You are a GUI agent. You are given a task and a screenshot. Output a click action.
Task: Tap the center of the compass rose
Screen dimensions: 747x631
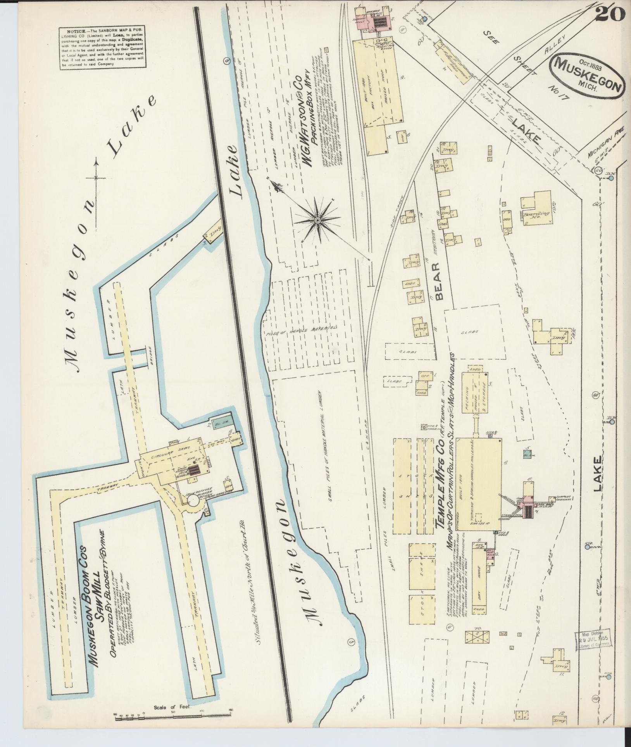pos(317,220)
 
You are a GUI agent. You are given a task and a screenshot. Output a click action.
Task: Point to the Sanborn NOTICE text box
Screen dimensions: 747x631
pos(103,48)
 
